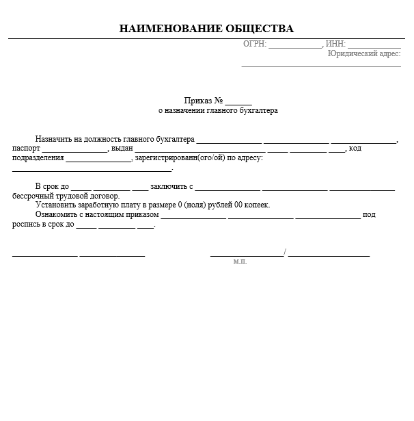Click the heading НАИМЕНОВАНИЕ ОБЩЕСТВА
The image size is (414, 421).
(x=206, y=29)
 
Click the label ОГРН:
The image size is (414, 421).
(x=254, y=44)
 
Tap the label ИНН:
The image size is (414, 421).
(x=335, y=44)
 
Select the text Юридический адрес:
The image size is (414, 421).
(x=364, y=53)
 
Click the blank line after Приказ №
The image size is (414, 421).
(x=238, y=101)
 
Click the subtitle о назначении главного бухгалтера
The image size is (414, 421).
(x=218, y=110)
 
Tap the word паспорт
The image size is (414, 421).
(x=26, y=149)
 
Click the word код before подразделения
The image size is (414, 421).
(x=355, y=149)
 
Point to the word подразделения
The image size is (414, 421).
(x=38, y=158)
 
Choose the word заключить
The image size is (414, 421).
(x=167, y=186)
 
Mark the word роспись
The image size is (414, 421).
(x=25, y=224)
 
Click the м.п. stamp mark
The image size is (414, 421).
(x=239, y=261)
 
